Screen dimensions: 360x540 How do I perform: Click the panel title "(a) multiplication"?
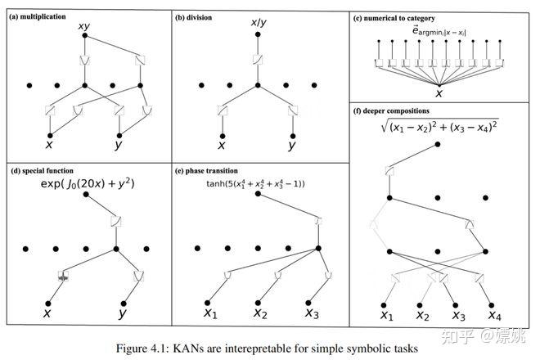(x=38, y=16)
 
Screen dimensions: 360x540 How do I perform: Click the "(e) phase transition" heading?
(x=210, y=170)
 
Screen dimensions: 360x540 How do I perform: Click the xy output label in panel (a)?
(x=83, y=28)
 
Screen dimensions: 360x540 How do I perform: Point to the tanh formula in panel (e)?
(x=255, y=184)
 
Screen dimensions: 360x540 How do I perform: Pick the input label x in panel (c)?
(x=439, y=93)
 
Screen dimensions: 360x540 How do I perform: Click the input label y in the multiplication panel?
(x=120, y=146)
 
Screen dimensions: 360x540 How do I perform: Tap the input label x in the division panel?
(x=221, y=146)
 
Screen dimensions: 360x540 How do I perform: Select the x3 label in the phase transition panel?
(x=312, y=313)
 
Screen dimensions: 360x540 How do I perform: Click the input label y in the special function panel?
(x=124, y=313)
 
